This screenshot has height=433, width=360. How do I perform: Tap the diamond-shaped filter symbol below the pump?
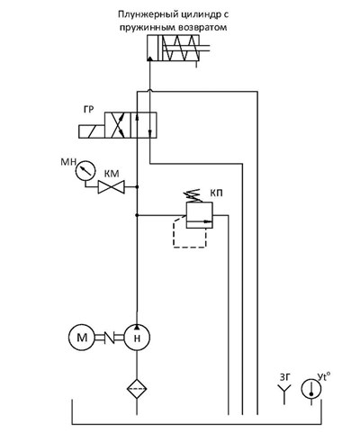137,389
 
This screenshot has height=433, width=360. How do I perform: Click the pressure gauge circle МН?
85,171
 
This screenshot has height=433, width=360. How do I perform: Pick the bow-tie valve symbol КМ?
112,187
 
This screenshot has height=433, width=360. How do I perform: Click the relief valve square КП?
200,215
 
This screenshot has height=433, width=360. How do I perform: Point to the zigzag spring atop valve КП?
193,195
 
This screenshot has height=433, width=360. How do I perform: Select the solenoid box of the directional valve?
92,131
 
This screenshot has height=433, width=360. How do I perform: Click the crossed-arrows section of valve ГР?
118,125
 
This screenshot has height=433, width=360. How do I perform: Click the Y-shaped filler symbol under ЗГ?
284,394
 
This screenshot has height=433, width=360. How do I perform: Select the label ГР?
88,110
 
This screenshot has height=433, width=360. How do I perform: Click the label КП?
216,194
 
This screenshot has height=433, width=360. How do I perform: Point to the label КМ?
112,174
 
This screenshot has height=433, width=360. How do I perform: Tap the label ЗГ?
285,377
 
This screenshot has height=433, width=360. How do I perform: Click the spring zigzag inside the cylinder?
180,48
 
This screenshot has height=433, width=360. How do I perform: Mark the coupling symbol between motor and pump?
110,338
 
